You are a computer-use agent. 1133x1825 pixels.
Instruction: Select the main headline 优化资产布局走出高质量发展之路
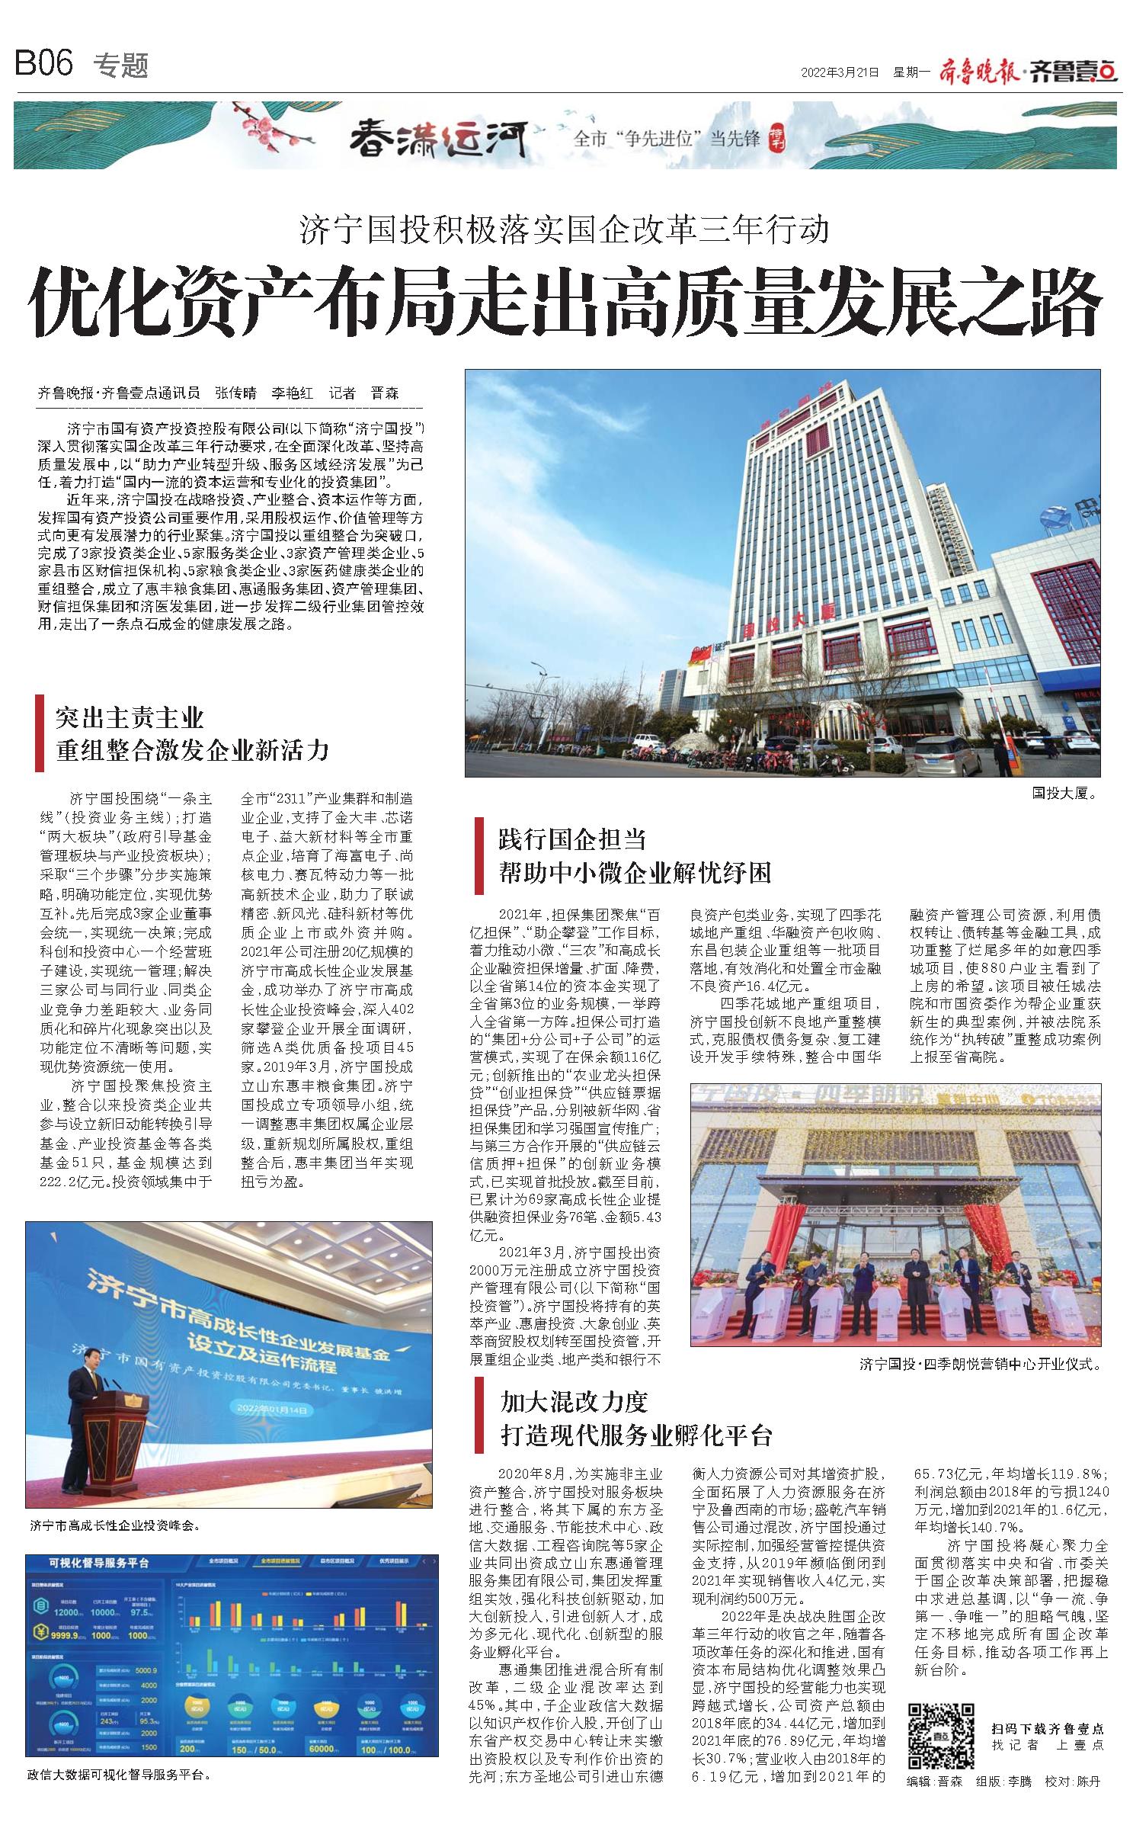565,304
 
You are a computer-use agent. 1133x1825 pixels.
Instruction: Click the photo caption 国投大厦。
1064,794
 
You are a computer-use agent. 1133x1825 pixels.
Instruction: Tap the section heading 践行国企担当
572,839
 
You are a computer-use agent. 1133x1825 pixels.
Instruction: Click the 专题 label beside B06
120,66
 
